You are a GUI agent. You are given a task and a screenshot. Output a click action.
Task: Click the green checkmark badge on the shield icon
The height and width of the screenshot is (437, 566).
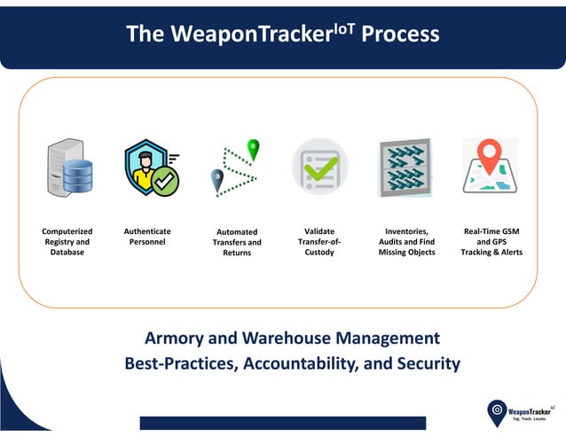click(165, 181)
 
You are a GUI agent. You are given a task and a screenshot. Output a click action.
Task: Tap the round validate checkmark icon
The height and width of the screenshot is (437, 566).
click(319, 166)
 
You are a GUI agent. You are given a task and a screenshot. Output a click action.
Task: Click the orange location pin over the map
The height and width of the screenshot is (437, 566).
click(490, 156)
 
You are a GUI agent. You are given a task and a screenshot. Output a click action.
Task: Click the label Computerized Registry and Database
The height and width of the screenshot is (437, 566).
click(67, 242)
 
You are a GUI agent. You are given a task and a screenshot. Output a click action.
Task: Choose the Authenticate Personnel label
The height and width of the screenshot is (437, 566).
click(147, 237)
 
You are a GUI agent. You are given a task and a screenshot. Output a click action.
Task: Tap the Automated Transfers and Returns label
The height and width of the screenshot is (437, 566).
click(238, 242)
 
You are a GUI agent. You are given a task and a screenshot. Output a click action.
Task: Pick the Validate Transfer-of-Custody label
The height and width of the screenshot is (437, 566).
click(319, 242)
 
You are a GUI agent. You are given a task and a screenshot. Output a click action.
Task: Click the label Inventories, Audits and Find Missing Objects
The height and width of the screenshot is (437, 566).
click(406, 242)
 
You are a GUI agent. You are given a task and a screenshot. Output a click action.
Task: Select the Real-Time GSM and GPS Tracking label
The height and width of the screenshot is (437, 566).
click(491, 242)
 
